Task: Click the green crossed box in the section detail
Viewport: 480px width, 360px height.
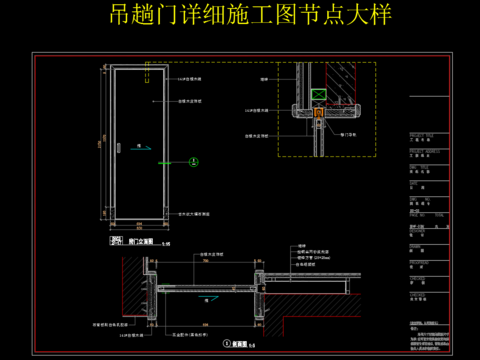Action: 319,95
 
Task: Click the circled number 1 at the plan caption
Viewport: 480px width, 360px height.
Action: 215,343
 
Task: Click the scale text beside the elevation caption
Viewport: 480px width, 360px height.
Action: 169,242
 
